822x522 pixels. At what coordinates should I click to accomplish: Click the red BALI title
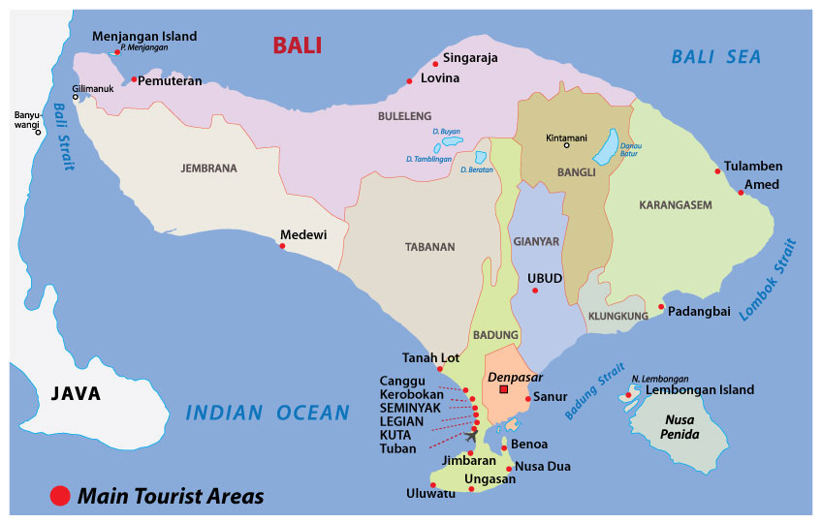(x=297, y=45)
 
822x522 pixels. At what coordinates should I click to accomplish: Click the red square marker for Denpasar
(x=503, y=389)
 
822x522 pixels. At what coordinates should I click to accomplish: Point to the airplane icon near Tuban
(x=472, y=434)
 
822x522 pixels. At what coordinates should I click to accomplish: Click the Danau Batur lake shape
(x=605, y=146)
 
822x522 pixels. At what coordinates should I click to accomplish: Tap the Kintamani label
(x=567, y=137)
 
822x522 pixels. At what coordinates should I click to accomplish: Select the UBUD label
(x=545, y=278)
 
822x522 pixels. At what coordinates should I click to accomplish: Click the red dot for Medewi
(x=282, y=246)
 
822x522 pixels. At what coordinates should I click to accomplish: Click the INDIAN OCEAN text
(x=267, y=414)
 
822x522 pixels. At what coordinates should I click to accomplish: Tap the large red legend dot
(x=60, y=497)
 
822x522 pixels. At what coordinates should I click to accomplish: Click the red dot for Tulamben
(x=718, y=171)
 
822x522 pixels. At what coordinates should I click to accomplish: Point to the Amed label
(x=761, y=184)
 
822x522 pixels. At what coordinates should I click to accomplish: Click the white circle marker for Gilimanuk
(x=76, y=97)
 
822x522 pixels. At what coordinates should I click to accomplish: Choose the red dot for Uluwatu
(x=433, y=485)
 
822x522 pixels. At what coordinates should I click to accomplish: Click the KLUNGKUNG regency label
(x=617, y=317)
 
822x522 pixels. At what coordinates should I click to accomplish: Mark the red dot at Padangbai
(x=661, y=308)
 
